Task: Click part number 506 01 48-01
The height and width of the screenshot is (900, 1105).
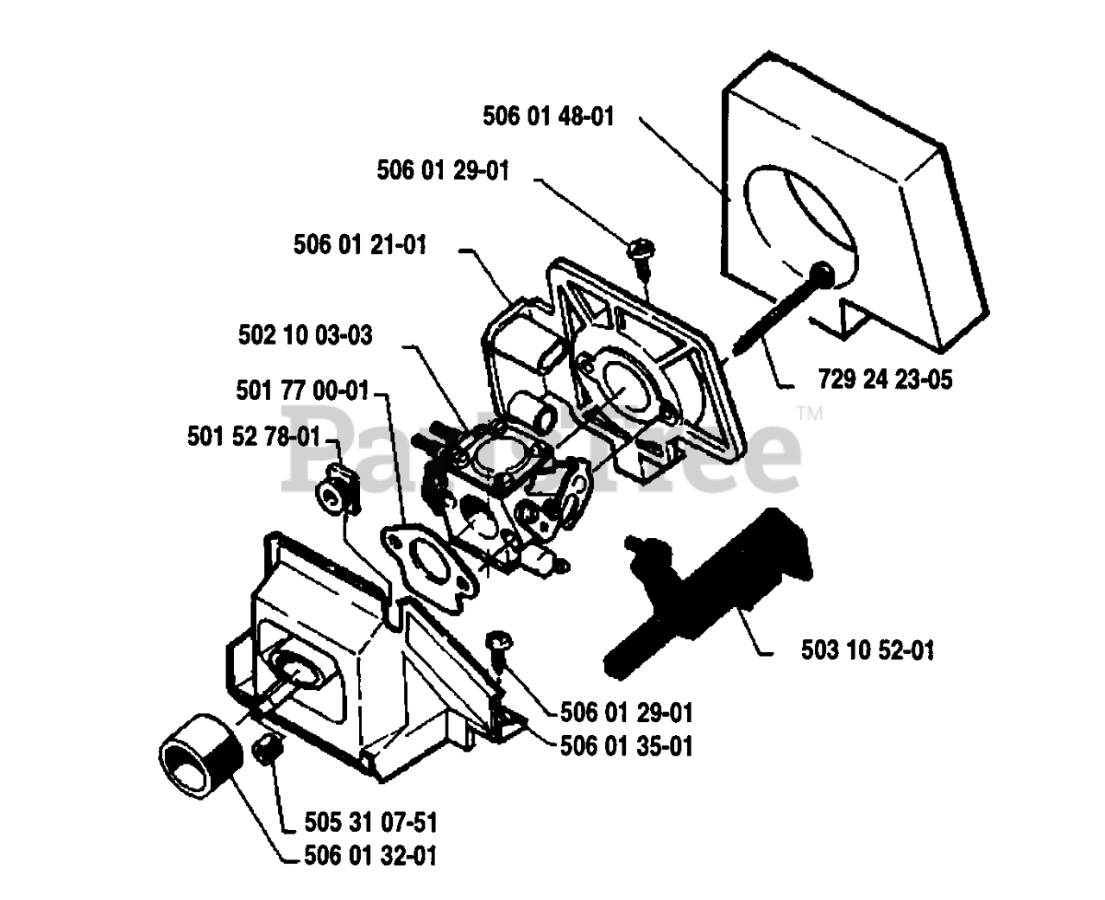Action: [x=549, y=116]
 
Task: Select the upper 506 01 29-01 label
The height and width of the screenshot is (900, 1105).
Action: [x=443, y=171]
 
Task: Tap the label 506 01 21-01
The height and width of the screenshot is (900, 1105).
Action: [x=360, y=245]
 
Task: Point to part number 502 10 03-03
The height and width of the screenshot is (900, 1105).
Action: [x=306, y=335]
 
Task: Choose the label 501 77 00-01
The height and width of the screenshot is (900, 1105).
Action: [x=302, y=391]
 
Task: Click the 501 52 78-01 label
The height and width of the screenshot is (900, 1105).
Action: [x=254, y=437]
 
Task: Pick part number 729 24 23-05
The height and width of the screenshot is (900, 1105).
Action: [x=884, y=378]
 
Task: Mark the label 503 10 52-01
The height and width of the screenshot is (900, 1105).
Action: [x=868, y=650]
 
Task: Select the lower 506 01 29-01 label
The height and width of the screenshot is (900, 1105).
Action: [x=627, y=713]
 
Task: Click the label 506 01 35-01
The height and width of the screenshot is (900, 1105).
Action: [x=627, y=745]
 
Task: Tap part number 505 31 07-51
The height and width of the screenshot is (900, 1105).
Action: [x=371, y=821]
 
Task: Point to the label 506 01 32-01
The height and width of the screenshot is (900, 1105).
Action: [x=371, y=856]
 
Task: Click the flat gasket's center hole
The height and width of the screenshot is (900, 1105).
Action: [x=429, y=562]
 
